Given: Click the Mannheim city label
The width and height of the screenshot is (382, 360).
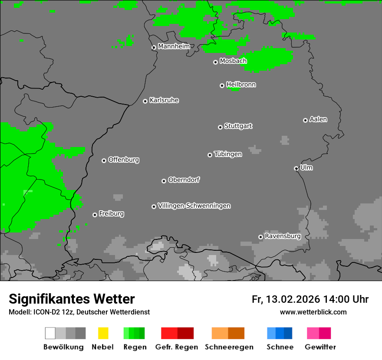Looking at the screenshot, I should (174, 46).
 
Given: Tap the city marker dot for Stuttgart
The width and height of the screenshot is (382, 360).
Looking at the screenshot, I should (220, 127).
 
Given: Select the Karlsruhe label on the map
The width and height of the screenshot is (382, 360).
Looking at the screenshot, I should (164, 100).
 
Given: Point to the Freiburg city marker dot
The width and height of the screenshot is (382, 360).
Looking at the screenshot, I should (95, 215).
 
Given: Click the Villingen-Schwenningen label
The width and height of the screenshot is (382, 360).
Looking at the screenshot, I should (194, 206).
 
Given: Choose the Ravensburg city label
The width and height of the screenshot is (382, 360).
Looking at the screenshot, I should (283, 236).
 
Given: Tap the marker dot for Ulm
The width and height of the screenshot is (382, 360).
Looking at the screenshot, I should (296, 168).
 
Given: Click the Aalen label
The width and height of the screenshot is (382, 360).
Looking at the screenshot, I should (318, 119).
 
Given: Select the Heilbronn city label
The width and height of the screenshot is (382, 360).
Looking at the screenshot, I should (241, 85).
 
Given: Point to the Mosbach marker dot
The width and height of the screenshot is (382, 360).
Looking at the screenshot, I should (215, 62).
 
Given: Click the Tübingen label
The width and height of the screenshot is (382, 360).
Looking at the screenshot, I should (228, 154).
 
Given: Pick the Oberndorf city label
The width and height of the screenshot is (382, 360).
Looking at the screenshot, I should (184, 180).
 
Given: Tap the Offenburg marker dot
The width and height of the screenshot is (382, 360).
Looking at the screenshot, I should (104, 160).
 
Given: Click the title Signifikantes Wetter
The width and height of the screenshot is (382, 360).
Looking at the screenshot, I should (72, 299).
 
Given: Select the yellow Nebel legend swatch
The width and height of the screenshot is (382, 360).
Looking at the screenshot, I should (103, 333).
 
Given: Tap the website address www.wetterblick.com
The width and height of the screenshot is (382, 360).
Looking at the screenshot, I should (313, 312).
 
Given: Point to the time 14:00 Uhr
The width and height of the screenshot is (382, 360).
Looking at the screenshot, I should (346, 299).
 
